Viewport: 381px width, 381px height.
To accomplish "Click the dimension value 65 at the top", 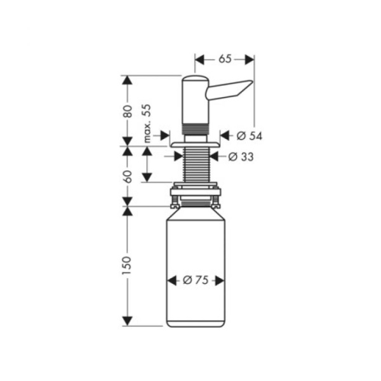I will pos(225,59).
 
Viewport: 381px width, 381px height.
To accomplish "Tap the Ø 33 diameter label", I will pos(241,157).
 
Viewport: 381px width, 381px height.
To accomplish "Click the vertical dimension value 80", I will pos(128,111).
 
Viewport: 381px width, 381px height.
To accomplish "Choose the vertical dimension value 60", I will pos(128,176).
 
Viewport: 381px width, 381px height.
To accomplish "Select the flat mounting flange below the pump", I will pos(194,145).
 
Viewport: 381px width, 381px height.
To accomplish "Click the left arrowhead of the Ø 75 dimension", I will pos(171,280).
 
